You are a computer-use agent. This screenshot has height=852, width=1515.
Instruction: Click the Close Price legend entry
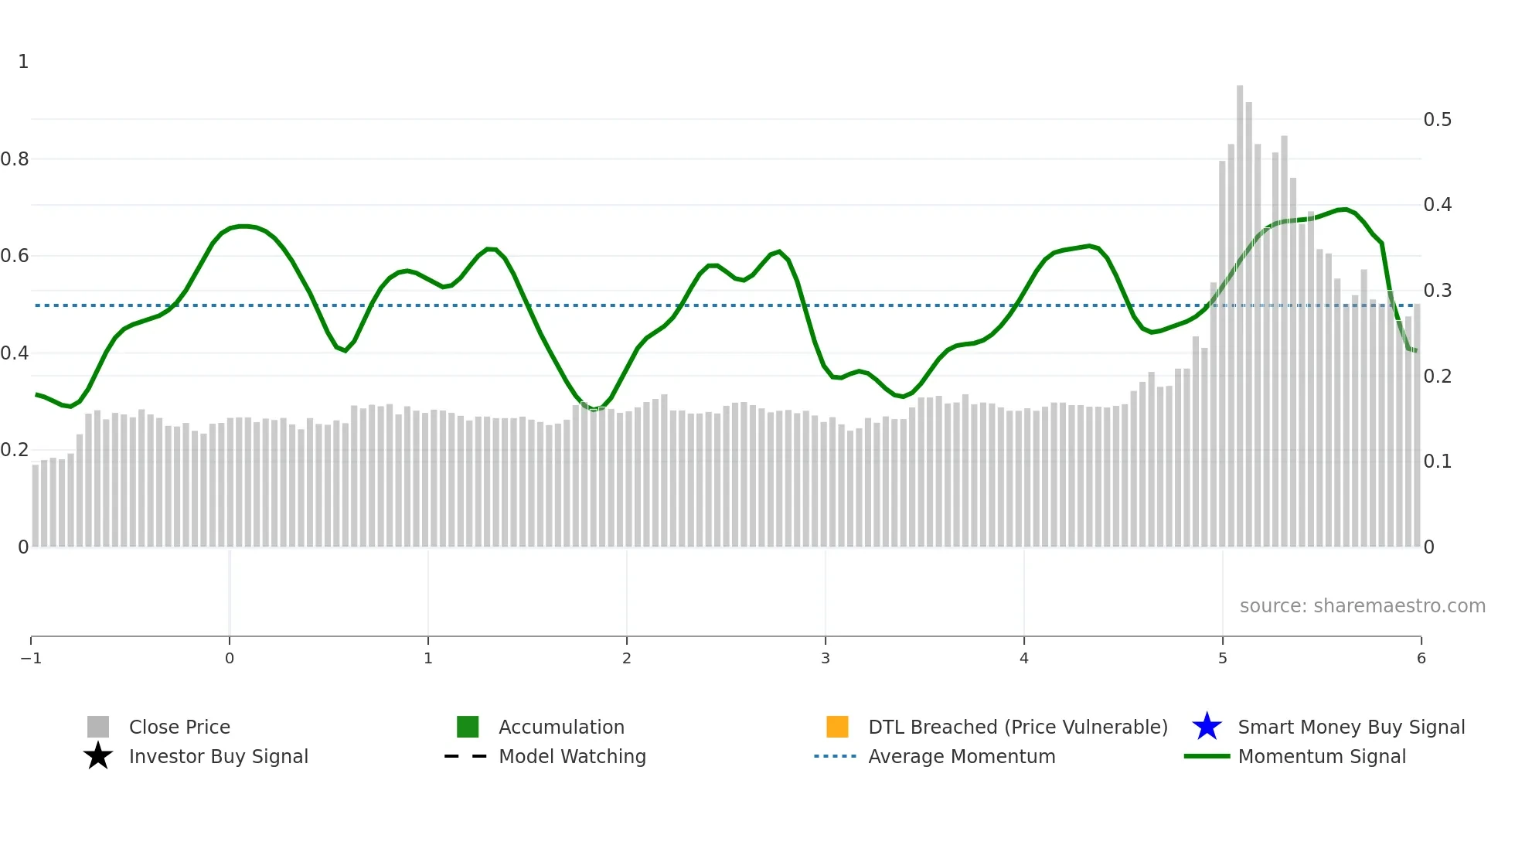[179, 727]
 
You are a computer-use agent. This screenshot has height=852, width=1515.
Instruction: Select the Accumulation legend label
[561, 727]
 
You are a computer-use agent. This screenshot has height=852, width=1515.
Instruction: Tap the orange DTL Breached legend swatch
[837, 727]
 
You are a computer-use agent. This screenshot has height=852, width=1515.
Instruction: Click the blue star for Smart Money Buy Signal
[1207, 727]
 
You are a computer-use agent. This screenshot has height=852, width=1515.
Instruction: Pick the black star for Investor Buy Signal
[98, 756]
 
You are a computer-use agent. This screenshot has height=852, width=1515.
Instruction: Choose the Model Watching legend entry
[572, 756]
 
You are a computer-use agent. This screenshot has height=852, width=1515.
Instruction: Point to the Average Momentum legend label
[962, 756]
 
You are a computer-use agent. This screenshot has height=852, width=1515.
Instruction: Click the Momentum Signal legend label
[1322, 756]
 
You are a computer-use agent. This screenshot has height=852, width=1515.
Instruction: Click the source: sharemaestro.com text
[1362, 606]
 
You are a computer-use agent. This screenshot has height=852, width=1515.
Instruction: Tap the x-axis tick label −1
[31, 659]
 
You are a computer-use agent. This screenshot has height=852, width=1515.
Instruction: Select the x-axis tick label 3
[826, 659]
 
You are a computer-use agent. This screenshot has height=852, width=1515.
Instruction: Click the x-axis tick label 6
[1421, 659]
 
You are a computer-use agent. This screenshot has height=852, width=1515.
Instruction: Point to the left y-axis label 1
[23, 62]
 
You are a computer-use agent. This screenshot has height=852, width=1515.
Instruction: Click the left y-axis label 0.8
[15, 159]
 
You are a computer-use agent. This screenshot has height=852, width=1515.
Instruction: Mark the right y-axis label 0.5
[1437, 120]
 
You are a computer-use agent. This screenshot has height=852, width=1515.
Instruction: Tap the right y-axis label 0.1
[1437, 462]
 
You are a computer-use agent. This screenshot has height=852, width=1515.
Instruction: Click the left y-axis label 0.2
[15, 450]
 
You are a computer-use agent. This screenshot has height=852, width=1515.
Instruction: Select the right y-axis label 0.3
[1437, 291]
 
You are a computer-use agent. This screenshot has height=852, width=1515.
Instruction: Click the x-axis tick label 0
[230, 659]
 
